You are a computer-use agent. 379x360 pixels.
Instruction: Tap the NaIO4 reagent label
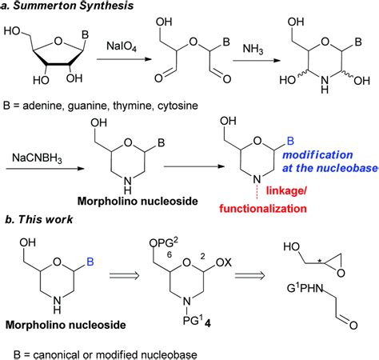pos(127,49)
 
